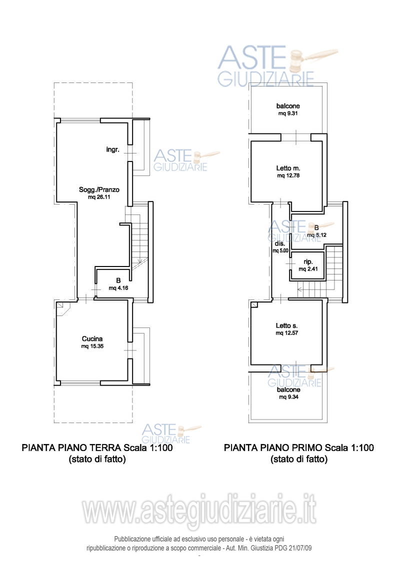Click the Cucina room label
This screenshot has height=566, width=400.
tap(92, 338)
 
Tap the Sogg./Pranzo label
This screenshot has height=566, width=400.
tap(99, 189)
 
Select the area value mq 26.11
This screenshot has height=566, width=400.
tap(99, 197)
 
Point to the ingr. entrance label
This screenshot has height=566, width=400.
tap(112, 149)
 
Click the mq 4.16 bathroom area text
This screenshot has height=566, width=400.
tap(118, 288)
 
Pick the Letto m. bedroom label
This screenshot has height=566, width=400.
tap(288, 168)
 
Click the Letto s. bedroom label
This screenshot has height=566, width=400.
tap(286, 325)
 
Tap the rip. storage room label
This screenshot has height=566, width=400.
tap(308, 262)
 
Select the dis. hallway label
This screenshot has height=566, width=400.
tap(280, 243)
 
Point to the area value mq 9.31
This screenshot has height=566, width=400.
tap(287, 113)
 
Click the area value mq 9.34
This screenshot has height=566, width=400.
tap(288, 397)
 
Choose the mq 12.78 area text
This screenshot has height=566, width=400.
tap(288, 176)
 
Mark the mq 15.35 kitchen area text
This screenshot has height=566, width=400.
tap(92, 346)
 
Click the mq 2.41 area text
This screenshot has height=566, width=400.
tap(308, 269)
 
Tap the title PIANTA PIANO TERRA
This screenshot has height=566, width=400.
tap(71, 447)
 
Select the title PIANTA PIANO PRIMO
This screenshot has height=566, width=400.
tap(273, 447)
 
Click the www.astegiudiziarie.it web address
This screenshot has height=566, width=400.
tap(199, 509)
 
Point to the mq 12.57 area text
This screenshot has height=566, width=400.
tap(287, 333)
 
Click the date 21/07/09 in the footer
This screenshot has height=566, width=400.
tap(300, 548)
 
